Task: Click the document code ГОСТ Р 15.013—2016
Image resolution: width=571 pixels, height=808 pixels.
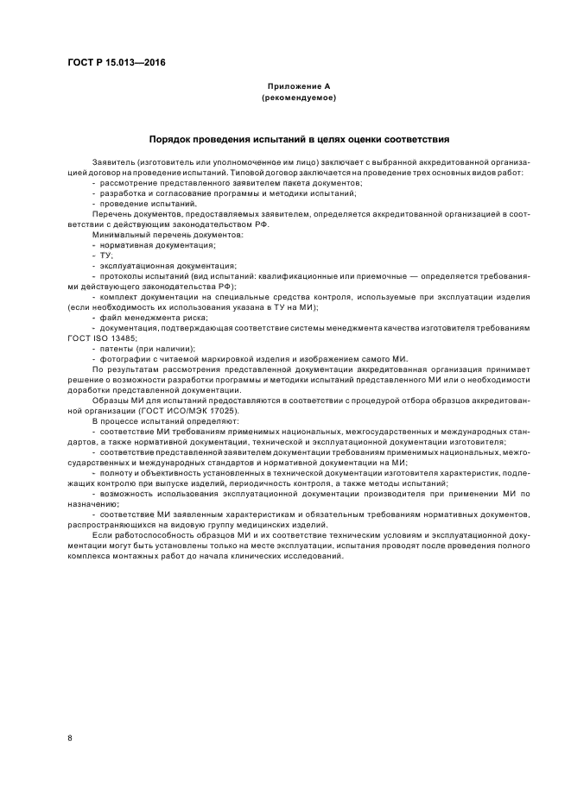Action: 117,63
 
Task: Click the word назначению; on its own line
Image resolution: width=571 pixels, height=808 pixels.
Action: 94,503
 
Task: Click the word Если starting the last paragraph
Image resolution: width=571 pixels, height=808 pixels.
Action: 100,535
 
